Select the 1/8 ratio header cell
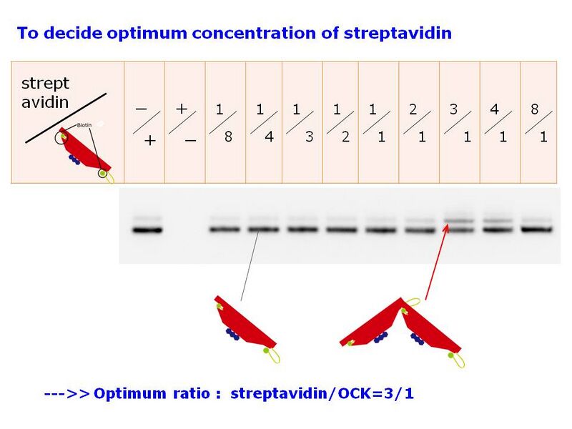click(225, 122)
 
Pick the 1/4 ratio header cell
click(264, 122)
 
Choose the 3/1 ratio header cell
click(459, 122)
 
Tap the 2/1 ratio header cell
click(418, 122)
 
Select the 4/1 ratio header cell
click(499, 122)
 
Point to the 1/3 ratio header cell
click(302, 122)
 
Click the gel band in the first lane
click(147, 230)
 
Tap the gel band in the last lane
click(537, 230)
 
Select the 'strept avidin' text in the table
click(45, 93)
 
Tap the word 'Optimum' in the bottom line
click(122, 394)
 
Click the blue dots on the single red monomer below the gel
click(232, 334)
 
